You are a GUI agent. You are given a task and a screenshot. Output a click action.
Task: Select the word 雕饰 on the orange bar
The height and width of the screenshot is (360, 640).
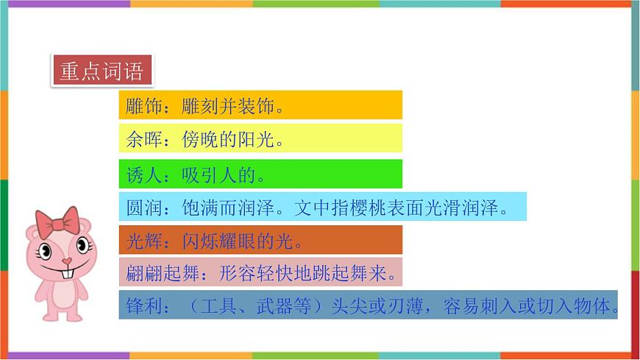click(141, 106)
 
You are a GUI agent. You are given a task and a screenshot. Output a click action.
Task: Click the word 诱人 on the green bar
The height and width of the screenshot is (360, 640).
click(141, 175)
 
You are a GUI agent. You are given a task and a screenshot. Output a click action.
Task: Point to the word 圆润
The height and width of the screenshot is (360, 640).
click(141, 208)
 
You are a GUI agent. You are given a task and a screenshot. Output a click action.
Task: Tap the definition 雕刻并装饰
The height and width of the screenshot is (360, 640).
click(228, 106)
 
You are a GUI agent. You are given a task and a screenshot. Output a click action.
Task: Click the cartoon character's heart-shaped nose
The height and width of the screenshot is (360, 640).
click(66, 261)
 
